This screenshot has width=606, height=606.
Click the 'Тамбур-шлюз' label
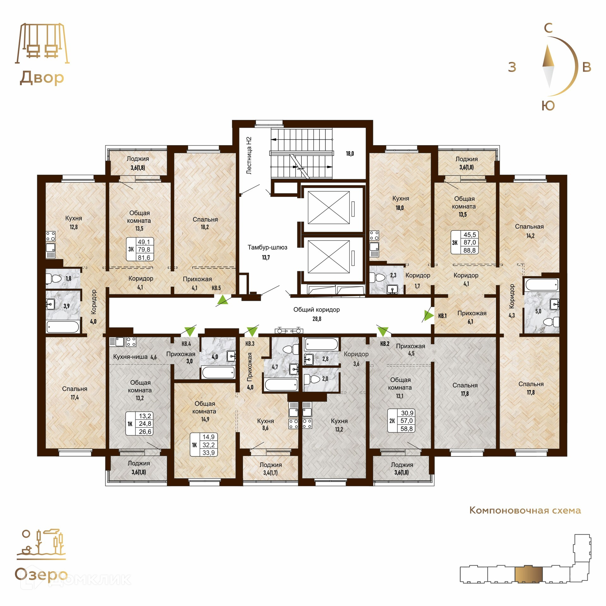pos(267,247)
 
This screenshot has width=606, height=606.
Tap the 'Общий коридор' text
pos(317,310)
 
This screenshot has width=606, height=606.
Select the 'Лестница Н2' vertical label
pos(249,155)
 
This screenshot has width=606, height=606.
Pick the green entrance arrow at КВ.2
pos(383,332)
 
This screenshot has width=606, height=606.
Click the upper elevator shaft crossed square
pos(329,207)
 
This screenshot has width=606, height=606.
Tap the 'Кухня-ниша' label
pos(130,357)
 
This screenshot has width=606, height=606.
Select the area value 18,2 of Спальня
pos(205,227)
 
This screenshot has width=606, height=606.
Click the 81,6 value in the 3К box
pos(144,258)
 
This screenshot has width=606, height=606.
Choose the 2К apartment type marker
pos(392,421)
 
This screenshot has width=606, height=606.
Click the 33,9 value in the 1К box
pos(209,453)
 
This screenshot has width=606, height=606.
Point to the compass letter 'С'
pos(549,28)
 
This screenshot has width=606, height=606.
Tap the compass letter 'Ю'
pos(548,106)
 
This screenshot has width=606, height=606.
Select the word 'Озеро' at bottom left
pos(41,574)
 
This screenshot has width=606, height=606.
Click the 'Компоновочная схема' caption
pos(525,520)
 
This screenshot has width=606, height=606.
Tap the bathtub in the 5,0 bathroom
pos(542,284)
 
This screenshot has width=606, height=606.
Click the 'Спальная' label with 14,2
pos(529,227)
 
